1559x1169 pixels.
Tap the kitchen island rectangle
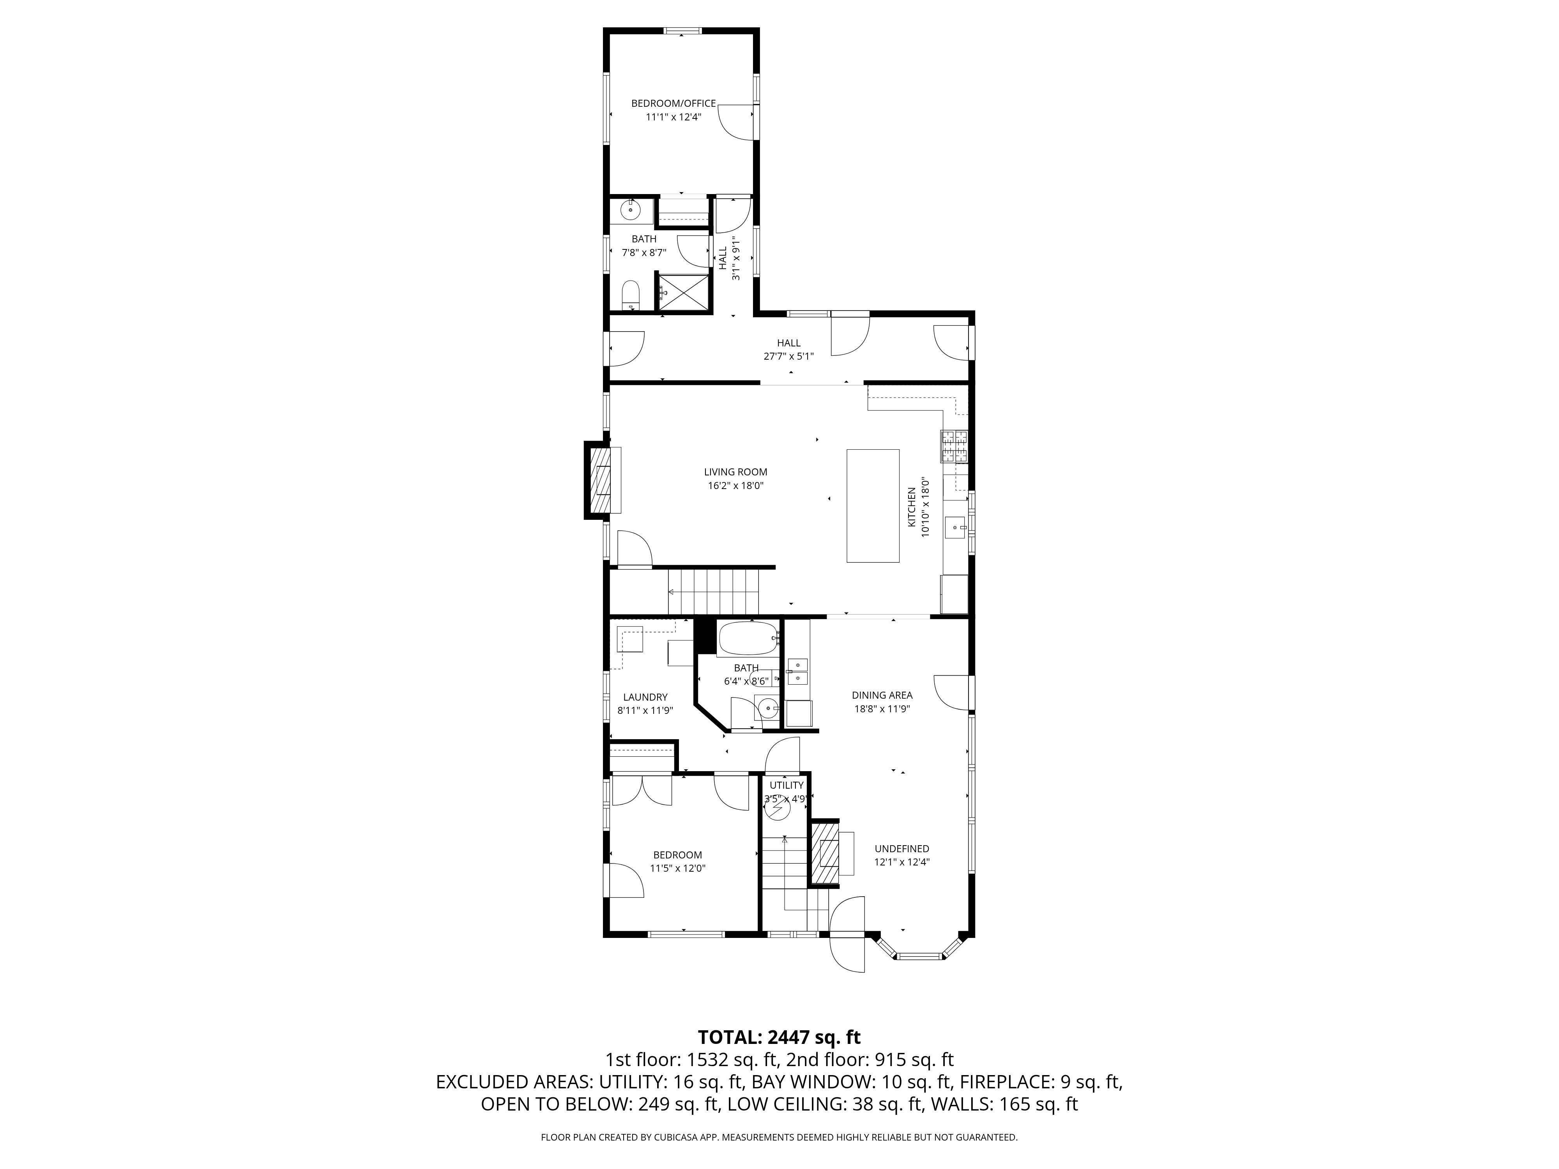click(873, 505)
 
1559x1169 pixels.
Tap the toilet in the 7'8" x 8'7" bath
click(630, 295)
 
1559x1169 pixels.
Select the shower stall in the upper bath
click(682, 291)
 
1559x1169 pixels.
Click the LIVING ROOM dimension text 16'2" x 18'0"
click(735, 486)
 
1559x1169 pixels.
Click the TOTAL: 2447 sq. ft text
click(779, 1037)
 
